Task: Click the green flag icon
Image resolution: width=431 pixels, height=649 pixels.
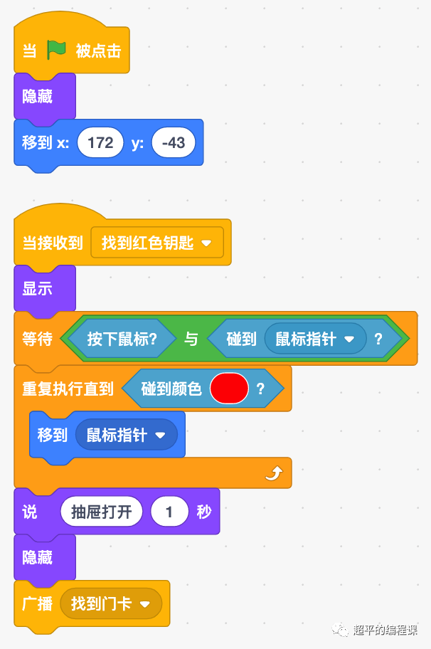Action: [56, 50]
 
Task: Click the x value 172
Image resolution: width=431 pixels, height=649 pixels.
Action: [100, 142]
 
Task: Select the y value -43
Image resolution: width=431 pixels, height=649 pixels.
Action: [173, 142]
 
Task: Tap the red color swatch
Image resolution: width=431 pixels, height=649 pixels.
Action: [229, 389]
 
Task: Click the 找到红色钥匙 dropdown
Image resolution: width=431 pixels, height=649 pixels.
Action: [157, 243]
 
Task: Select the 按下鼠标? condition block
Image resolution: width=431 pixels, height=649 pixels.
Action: [122, 339]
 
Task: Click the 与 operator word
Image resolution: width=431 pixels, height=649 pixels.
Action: [191, 339]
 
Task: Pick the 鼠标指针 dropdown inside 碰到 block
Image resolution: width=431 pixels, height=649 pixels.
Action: [314, 339]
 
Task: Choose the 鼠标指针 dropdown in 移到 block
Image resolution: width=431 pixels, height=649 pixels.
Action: [126, 435]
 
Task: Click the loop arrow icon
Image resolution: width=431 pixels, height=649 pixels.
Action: [274, 473]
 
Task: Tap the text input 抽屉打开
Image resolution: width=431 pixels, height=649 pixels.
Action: [102, 512]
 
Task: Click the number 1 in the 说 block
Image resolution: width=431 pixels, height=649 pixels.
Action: [169, 512]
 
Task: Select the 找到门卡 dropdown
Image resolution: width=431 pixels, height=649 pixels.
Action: [111, 604]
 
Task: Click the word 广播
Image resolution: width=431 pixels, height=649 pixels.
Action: [38, 604]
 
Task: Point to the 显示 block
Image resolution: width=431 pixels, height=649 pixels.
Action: [37, 289]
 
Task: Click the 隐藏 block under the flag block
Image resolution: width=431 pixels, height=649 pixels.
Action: [37, 96]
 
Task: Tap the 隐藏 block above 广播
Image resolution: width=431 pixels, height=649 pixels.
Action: [37, 557]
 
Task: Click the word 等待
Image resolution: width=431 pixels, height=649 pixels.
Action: [37, 339]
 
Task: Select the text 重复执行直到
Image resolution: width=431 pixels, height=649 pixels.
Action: [68, 389]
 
